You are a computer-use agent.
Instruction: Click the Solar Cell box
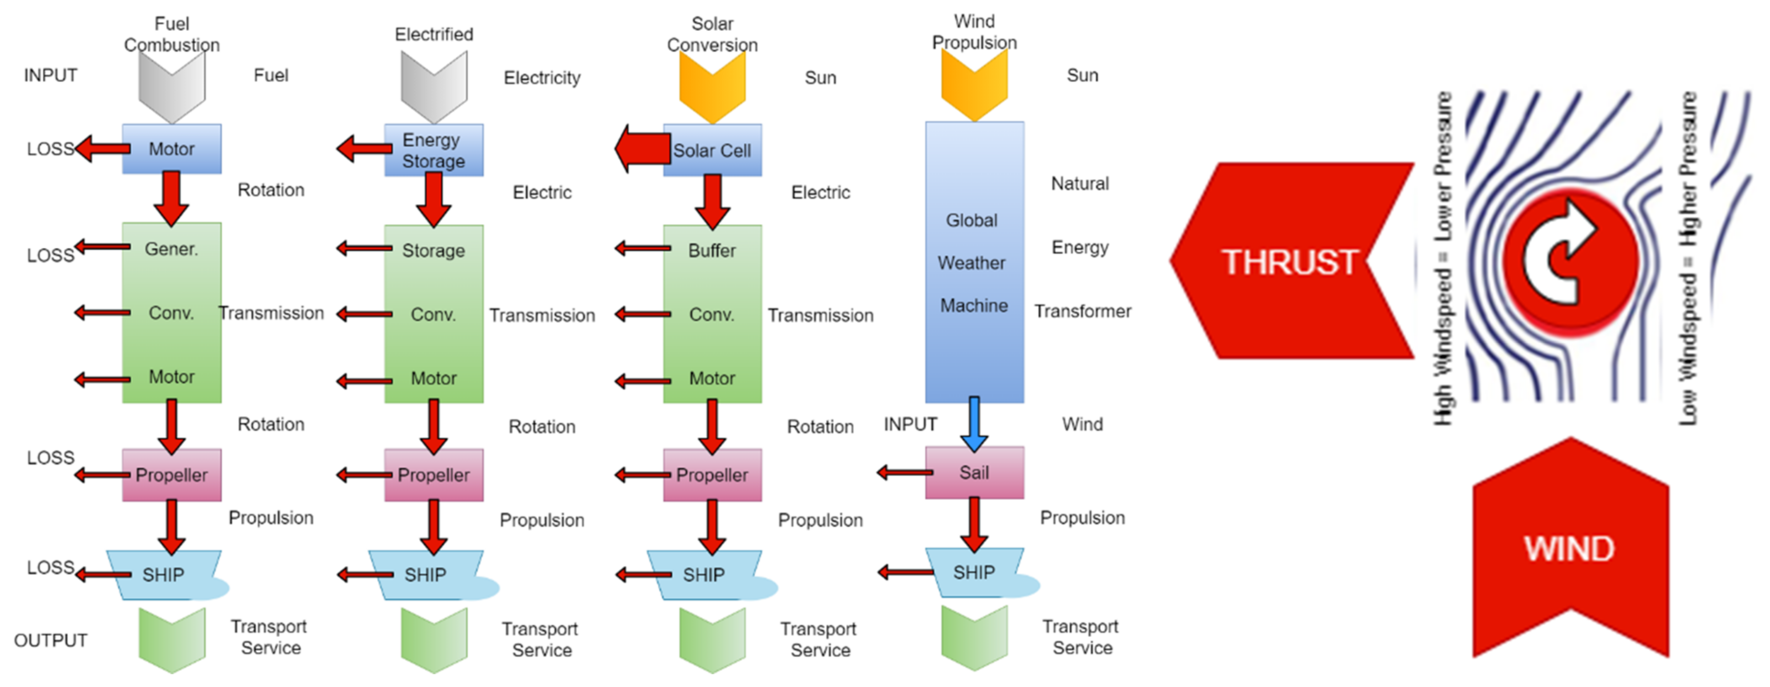[x=712, y=150]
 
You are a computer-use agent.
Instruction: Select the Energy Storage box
[x=434, y=150]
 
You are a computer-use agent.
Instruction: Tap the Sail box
[x=973, y=473]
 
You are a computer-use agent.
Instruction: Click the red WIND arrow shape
[x=1569, y=549]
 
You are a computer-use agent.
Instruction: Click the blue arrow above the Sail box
[x=973, y=422]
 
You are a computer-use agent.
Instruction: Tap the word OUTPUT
[x=51, y=640]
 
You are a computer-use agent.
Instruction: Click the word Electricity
[x=542, y=78]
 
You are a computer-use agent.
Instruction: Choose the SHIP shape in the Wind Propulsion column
[x=973, y=572]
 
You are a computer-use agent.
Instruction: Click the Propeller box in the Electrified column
[x=434, y=475]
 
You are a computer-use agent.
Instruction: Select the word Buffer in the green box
[x=712, y=251]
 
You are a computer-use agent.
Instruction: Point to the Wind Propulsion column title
[x=973, y=32]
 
